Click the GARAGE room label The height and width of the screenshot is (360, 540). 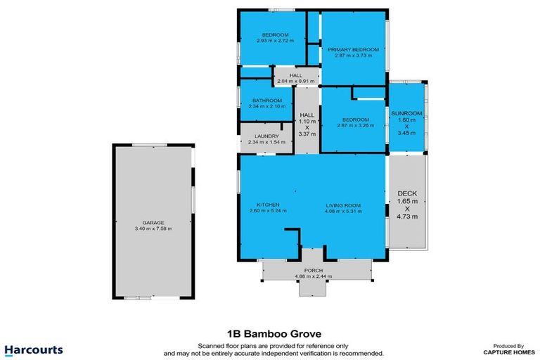154,222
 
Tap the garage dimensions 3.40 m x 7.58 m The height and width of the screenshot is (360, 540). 154,229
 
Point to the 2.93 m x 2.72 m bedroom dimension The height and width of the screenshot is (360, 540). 275,41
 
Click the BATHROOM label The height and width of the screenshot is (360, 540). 267,101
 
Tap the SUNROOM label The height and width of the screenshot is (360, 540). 408,113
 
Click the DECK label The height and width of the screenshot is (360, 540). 408,193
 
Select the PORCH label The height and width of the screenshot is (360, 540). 313,269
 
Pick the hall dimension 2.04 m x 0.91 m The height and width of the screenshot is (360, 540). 295,82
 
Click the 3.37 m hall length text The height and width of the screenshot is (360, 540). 307,134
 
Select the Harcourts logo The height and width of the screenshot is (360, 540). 34,349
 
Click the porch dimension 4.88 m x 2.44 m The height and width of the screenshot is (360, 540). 313,276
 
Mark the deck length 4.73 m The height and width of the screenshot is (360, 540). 408,217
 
